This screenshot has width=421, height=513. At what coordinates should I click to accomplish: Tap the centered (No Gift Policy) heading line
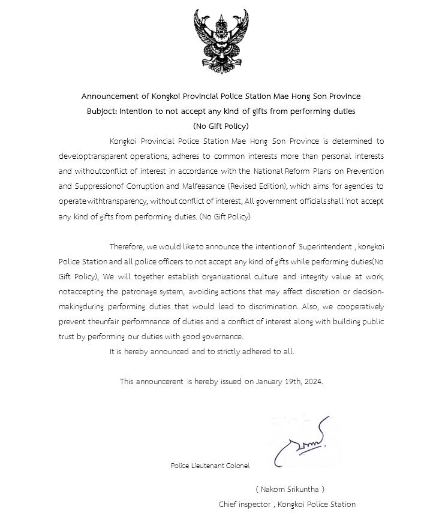click(x=221, y=126)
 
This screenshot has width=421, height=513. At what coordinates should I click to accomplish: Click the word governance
click(x=223, y=337)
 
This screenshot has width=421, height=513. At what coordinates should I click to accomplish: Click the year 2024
click(x=314, y=381)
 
